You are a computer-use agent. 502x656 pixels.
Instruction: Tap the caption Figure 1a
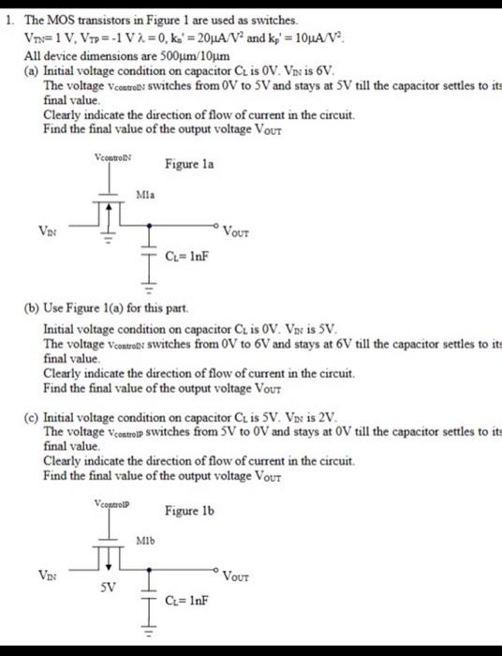189,164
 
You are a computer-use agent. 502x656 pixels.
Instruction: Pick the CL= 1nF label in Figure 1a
184,254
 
